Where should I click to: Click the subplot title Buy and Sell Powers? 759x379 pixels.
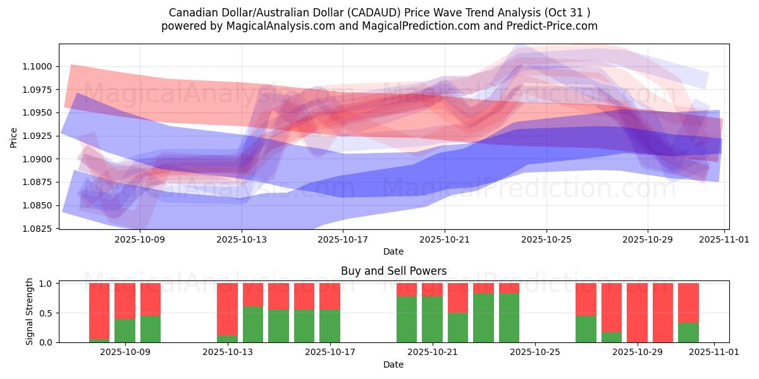coord(393,271)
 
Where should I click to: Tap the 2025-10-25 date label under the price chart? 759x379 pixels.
coord(546,239)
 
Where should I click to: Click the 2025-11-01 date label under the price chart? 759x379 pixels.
coord(724,239)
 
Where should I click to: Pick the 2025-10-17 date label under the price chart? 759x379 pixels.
coord(343,239)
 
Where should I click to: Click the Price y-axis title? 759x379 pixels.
coord(14,136)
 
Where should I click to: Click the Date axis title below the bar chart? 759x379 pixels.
coord(393,364)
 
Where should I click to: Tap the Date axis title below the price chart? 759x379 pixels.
coord(393,251)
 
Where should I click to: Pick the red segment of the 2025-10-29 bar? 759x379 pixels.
coord(637,312)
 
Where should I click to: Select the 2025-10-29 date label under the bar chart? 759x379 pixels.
coord(637,352)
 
